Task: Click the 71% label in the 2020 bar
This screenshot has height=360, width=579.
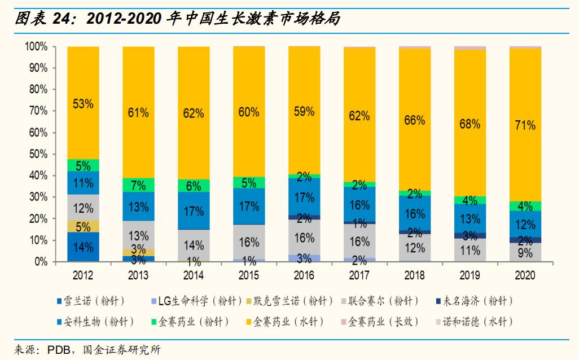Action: (x=525, y=125)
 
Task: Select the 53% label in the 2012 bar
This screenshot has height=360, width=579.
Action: (x=83, y=104)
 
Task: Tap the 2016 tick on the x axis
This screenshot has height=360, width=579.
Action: (x=304, y=276)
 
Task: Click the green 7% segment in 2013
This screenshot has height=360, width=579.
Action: (x=138, y=185)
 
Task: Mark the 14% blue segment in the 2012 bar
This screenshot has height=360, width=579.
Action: (x=83, y=247)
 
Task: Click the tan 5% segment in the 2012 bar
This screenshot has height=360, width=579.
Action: (x=83, y=226)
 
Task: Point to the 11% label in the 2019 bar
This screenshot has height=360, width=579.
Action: (x=470, y=250)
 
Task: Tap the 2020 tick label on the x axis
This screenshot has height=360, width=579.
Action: (x=525, y=276)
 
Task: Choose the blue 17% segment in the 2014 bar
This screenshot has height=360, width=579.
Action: (x=194, y=211)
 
